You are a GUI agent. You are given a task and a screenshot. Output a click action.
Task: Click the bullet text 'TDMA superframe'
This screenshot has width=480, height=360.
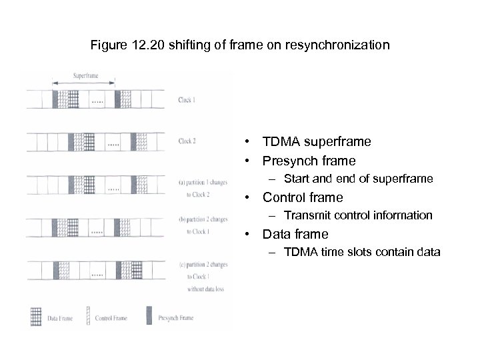point(317,142)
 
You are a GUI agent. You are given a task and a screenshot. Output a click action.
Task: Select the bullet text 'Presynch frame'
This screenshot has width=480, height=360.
point(309,161)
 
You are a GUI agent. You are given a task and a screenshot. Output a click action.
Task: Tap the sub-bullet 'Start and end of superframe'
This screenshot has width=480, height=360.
point(358,179)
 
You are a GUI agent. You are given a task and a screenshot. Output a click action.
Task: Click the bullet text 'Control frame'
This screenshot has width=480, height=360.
point(303,197)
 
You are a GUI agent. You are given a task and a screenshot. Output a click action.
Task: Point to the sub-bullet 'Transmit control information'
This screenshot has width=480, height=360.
point(358,215)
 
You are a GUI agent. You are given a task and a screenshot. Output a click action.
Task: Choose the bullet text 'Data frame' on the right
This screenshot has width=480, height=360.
point(295,234)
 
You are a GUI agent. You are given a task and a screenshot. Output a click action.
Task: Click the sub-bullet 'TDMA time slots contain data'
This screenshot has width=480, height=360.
point(362,252)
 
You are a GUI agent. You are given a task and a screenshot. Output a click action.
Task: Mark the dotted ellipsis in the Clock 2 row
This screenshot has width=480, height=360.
point(113,144)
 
